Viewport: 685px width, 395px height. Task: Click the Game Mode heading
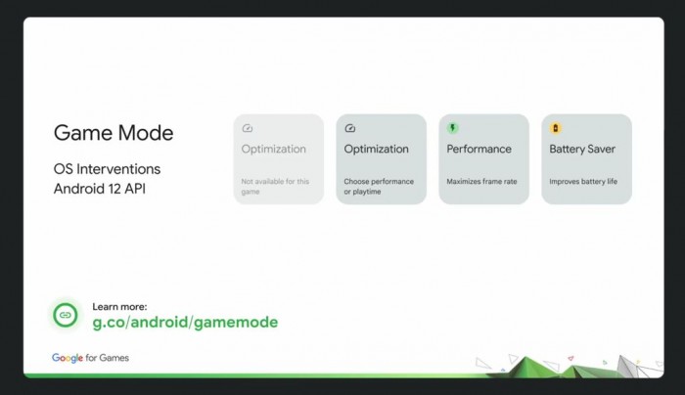113,133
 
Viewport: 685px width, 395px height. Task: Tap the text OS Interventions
107,169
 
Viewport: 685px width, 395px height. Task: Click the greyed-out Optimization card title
274,150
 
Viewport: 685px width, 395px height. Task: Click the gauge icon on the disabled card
248,128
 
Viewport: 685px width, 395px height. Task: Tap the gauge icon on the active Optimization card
350,128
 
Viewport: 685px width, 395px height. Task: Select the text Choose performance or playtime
379,187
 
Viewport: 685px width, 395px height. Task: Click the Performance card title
479,150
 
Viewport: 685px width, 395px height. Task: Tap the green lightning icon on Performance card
453,128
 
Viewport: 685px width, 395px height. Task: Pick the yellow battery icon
556,128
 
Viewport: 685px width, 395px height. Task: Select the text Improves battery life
583,182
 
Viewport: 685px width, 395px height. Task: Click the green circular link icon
66,315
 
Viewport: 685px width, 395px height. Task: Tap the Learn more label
119,306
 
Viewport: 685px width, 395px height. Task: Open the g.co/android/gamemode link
185,323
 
